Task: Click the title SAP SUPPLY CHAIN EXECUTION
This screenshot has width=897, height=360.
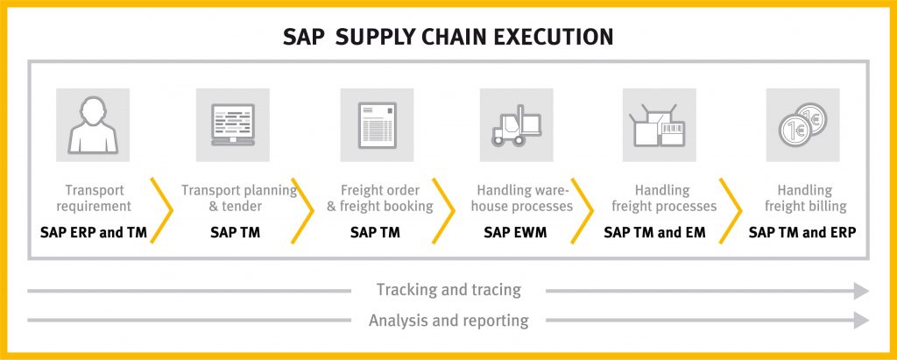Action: click(448, 37)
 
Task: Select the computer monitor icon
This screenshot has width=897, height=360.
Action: click(233, 124)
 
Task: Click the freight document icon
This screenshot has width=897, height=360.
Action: click(377, 125)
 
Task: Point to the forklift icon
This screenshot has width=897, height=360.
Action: click(517, 125)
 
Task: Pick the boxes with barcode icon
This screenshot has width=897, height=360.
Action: click(659, 125)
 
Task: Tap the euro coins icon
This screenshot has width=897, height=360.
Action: click(802, 124)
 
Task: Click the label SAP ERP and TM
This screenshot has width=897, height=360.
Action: click(93, 233)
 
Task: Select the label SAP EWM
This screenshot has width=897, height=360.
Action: click(515, 233)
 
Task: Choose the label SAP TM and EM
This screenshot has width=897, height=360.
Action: click(655, 233)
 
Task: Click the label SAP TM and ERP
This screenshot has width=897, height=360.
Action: click(802, 233)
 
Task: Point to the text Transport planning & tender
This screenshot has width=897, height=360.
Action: click(239, 198)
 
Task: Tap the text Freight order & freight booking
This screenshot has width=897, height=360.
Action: click(380, 198)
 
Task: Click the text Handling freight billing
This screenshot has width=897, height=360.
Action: click(806, 198)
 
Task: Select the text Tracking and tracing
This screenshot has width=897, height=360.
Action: click(448, 290)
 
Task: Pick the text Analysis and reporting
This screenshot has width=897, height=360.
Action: click(448, 320)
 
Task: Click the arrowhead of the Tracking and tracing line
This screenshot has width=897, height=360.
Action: click(862, 291)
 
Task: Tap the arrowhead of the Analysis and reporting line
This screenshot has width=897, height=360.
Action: click(862, 321)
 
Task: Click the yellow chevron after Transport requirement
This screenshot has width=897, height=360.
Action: click(162, 210)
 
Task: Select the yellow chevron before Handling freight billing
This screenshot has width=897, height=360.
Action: click(731, 210)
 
